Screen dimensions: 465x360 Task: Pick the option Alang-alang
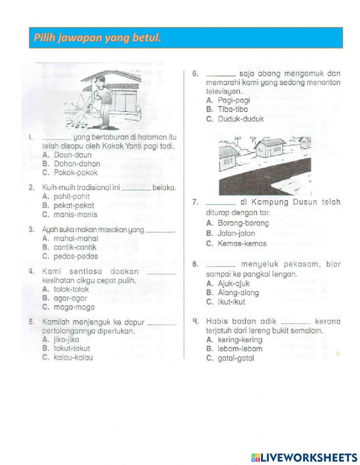pos(238,292)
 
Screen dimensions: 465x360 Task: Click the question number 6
pos(195,74)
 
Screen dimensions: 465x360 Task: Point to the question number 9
pos(195,321)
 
